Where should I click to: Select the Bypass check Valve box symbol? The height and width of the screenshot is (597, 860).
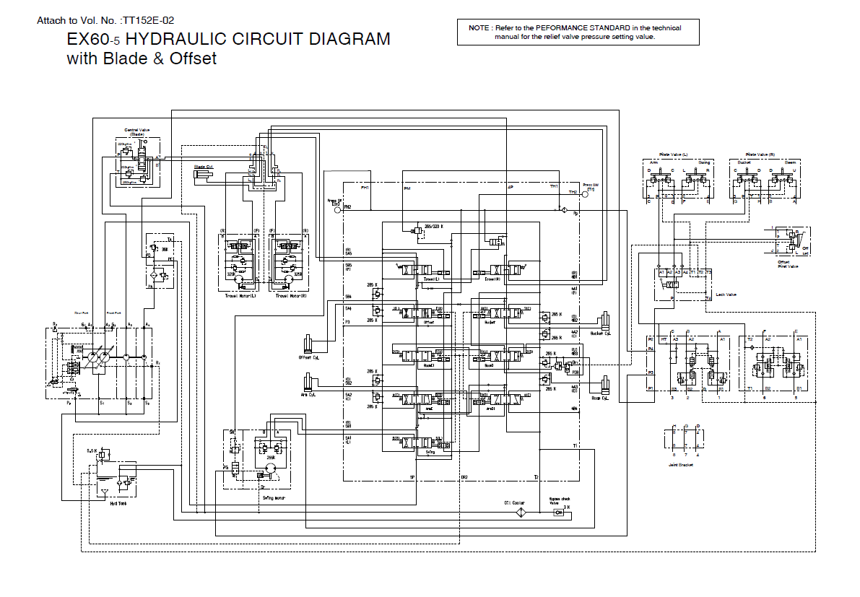click(557, 513)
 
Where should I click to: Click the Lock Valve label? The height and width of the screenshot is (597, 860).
click(725, 295)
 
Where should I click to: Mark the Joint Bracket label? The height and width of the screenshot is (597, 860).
click(682, 466)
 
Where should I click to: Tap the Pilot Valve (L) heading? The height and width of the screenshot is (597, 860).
click(674, 154)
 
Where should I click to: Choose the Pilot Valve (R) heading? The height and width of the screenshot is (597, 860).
click(760, 154)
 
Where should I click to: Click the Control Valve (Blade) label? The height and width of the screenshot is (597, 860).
click(136, 131)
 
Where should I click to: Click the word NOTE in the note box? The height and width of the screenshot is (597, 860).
click(479, 28)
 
